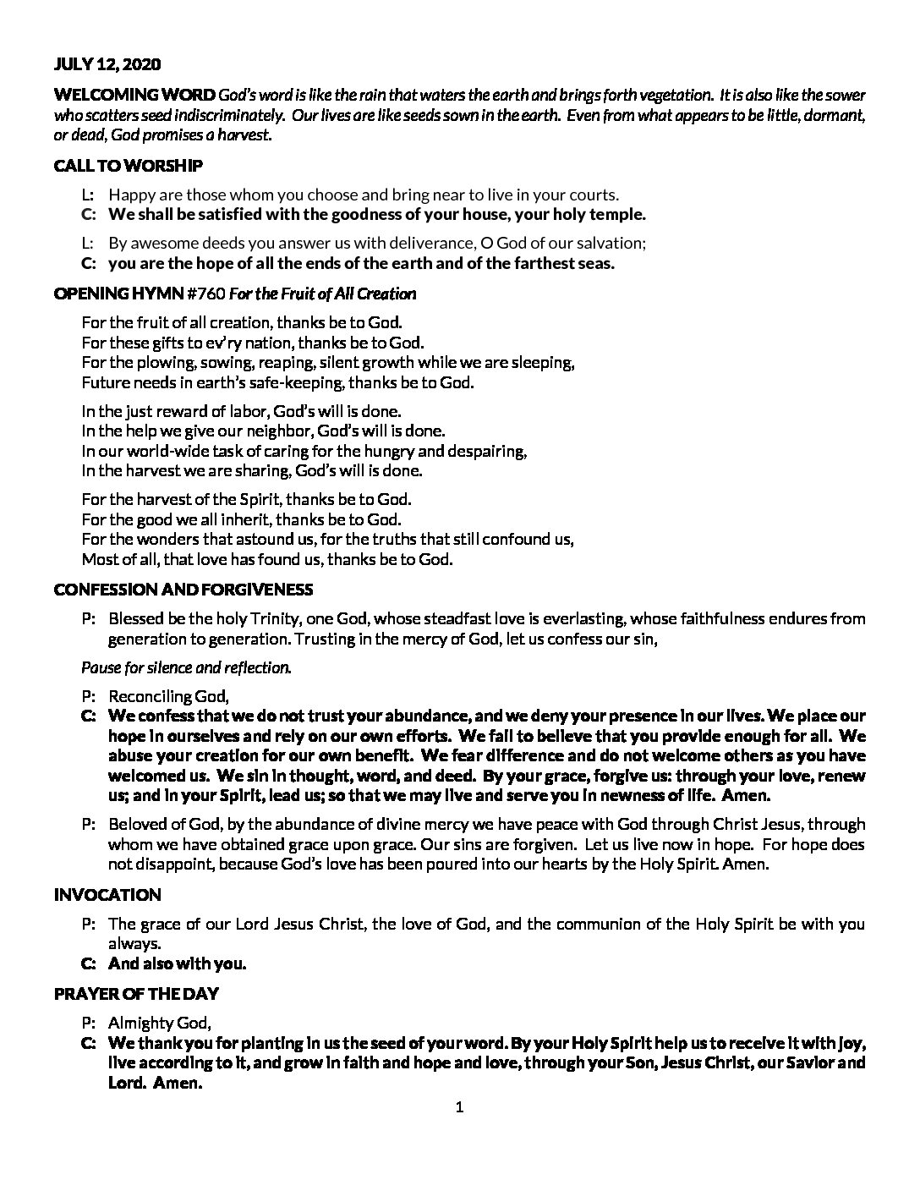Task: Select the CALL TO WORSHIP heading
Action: (x=128, y=166)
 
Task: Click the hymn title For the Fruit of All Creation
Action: (x=323, y=294)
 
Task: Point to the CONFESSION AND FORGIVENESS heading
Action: (x=183, y=590)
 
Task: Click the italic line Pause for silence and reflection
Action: (x=186, y=667)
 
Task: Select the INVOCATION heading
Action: (x=107, y=895)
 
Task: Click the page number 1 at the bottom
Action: (x=460, y=1107)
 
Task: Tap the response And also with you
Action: (x=177, y=963)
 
